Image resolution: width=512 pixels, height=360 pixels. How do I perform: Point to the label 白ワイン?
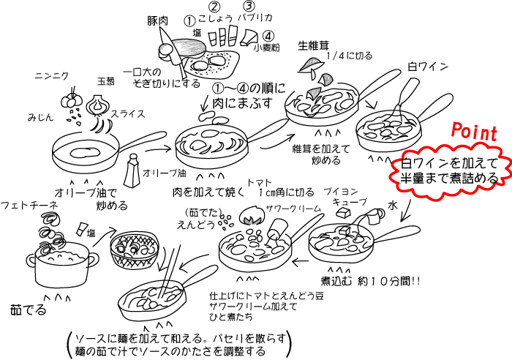(x=427, y=66)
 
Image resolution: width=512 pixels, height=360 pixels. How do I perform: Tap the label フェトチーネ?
(x=29, y=206)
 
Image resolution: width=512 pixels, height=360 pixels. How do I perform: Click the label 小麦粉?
(x=267, y=49)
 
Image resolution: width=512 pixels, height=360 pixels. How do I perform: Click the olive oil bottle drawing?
(x=133, y=173)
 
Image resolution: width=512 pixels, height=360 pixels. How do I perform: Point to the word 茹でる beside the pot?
(x=28, y=310)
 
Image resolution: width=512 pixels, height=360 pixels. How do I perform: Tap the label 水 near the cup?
(x=391, y=207)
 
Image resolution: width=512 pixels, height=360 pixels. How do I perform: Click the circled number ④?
(x=268, y=35)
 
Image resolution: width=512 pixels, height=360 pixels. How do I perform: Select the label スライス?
(x=127, y=114)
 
